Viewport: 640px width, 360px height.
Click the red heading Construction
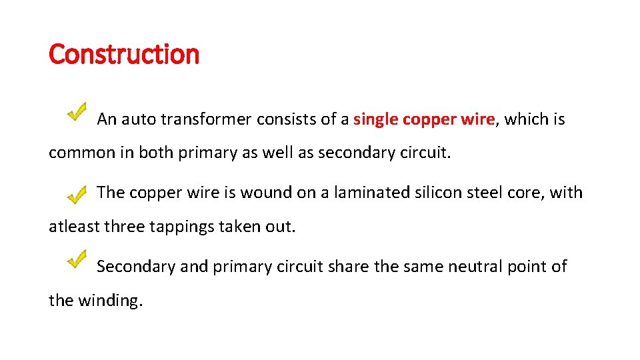124,54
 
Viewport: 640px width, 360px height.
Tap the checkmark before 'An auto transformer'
77,111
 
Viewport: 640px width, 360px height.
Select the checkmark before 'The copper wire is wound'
77,195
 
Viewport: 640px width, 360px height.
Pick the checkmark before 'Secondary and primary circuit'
77,258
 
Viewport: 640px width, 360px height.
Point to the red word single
375,120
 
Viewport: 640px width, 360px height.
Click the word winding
111,301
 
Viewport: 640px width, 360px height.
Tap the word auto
138,120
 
